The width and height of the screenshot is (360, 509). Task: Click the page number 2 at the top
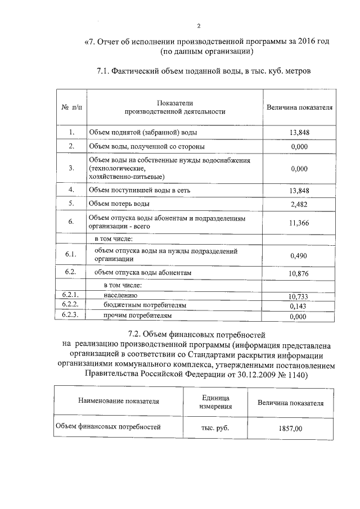199,25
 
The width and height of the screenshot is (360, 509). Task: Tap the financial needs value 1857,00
290,429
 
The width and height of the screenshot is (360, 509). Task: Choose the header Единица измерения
216,402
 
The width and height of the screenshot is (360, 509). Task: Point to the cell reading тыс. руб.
215,427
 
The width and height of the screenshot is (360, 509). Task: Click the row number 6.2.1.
70,295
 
